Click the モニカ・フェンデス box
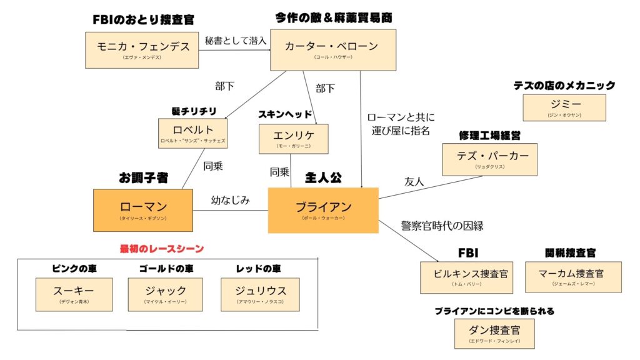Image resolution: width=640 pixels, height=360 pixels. [x=142, y=50]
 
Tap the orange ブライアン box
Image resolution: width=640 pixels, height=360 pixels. [x=323, y=210]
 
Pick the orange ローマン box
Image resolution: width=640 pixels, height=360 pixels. [x=143, y=210]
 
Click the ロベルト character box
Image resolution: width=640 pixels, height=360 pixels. [x=192, y=133]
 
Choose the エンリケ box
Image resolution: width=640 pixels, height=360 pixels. [x=293, y=138]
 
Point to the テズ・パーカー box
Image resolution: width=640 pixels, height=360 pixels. [x=489, y=159]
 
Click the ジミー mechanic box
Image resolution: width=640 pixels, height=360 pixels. [x=564, y=107]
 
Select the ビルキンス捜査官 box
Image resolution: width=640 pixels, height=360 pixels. [x=466, y=277]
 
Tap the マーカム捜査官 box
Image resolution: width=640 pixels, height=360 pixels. [x=573, y=277]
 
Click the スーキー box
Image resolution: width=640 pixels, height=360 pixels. [x=74, y=294]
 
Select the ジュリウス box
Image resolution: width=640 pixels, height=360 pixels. [x=260, y=294]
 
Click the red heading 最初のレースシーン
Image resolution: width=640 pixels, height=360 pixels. [x=162, y=249]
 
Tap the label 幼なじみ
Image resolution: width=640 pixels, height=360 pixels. [x=231, y=201]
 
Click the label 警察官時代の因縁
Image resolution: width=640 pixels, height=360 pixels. [x=443, y=226]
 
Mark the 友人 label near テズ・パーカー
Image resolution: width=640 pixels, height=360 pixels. [x=414, y=182]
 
